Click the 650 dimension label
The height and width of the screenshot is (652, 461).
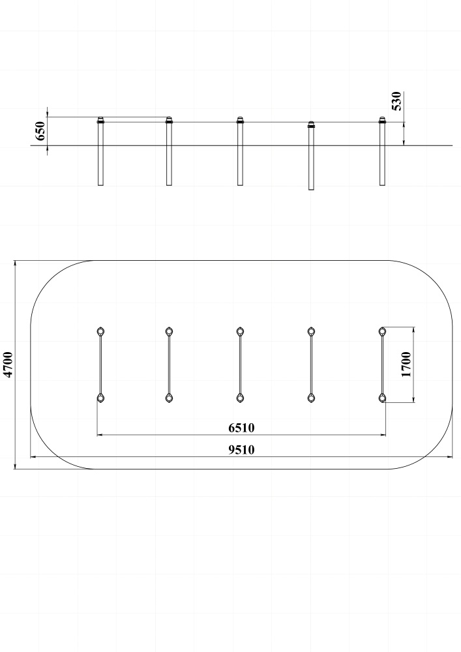coord(40,131)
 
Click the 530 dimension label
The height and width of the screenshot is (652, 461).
coord(397,101)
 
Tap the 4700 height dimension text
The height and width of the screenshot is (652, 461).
coord(8,364)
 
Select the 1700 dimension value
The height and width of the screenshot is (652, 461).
coord(406,364)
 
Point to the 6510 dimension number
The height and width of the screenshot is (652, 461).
coord(241,428)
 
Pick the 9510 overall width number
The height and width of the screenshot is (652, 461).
coord(241,449)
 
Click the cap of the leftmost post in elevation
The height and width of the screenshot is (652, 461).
coord(100,120)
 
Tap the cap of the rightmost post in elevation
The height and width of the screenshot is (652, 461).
coord(383,120)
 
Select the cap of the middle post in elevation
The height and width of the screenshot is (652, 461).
coord(240,120)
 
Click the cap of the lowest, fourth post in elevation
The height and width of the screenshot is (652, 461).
coord(311,125)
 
